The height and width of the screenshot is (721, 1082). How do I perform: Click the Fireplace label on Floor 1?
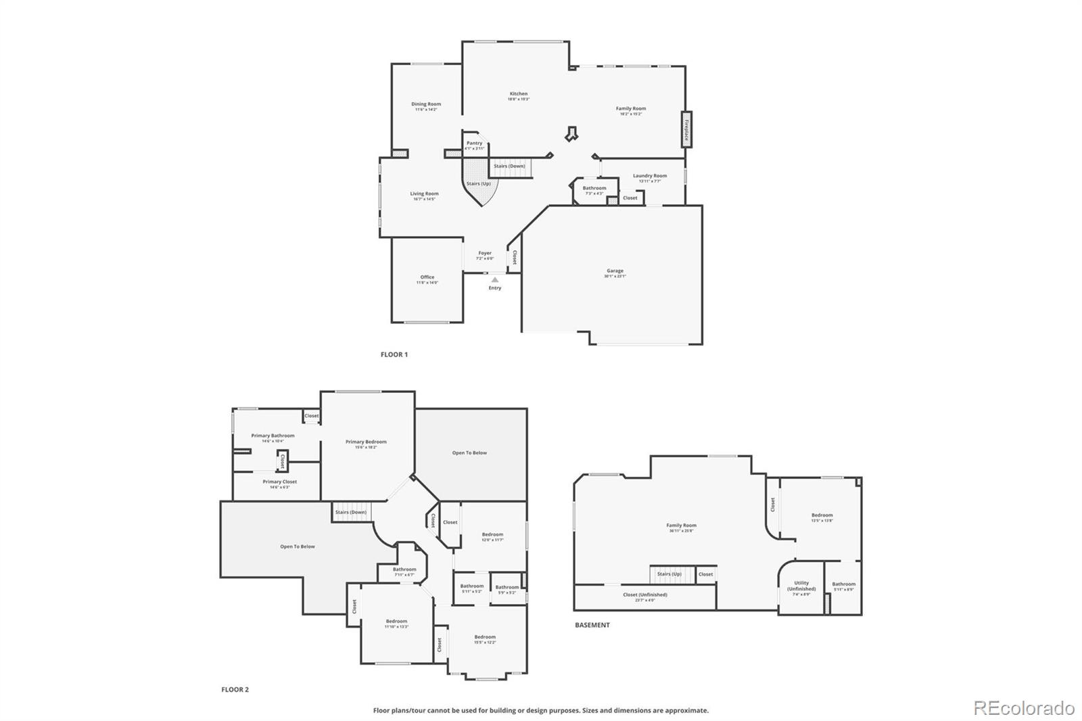[686, 129]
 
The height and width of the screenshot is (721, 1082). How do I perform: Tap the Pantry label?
[475, 143]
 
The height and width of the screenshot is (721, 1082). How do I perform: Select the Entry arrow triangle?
[495, 279]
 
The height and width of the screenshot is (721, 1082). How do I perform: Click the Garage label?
[615, 271]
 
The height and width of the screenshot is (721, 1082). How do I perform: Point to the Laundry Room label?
[650, 176]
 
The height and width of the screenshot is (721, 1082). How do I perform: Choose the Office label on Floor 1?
[427, 277]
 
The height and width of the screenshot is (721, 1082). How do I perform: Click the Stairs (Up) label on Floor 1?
[479, 184]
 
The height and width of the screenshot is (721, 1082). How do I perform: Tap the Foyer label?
[485, 254]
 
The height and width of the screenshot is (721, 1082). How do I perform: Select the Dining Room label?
[426, 105]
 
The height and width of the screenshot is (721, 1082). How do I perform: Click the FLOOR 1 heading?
[394, 354]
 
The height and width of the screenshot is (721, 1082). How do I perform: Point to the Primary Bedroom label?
[366, 442]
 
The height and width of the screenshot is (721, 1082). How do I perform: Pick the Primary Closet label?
[280, 482]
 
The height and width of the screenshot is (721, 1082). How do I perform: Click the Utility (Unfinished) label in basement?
[801, 586]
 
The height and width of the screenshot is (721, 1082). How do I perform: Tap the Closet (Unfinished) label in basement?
[645, 595]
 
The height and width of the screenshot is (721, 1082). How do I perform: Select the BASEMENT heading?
[592, 625]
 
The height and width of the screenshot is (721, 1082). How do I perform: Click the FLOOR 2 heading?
[235, 690]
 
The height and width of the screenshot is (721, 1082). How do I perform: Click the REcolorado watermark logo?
[1024, 708]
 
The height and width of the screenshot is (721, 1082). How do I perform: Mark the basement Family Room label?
[681, 526]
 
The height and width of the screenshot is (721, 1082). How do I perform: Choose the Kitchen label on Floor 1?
[519, 94]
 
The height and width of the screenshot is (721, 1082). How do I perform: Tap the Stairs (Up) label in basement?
[669, 574]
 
